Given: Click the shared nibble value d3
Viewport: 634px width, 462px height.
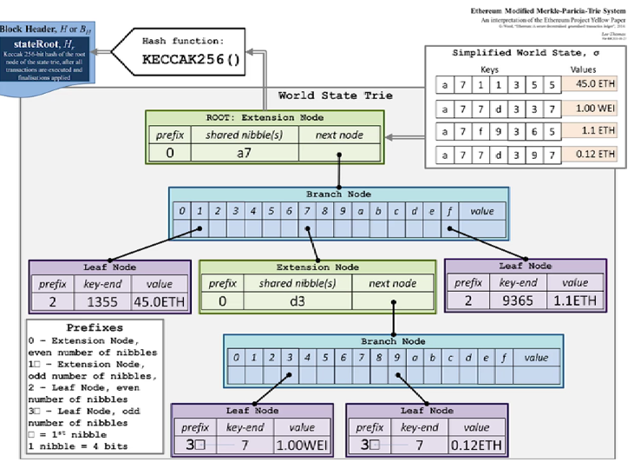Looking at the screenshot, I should [296, 302].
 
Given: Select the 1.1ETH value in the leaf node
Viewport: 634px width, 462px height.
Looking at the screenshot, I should [573, 302].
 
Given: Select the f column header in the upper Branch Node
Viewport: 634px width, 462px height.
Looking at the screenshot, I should [450, 211].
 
